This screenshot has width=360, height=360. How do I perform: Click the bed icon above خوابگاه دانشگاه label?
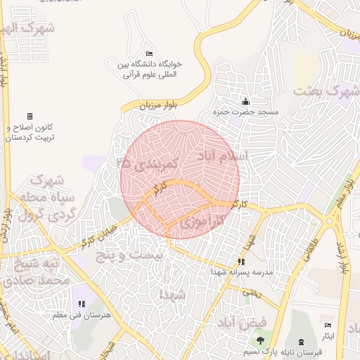(x=148, y=54)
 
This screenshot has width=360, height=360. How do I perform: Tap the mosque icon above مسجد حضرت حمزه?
(x=245, y=101)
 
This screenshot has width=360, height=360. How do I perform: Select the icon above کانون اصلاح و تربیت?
(x=30, y=116)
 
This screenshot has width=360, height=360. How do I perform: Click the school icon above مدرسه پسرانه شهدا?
(x=241, y=262)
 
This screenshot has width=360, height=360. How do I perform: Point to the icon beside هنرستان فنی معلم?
(x=82, y=304)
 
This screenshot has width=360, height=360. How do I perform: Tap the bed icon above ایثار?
(x=328, y=325)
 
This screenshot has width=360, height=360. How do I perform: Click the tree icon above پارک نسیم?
(x=260, y=341)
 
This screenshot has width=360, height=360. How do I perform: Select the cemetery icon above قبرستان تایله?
(x=302, y=341)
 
